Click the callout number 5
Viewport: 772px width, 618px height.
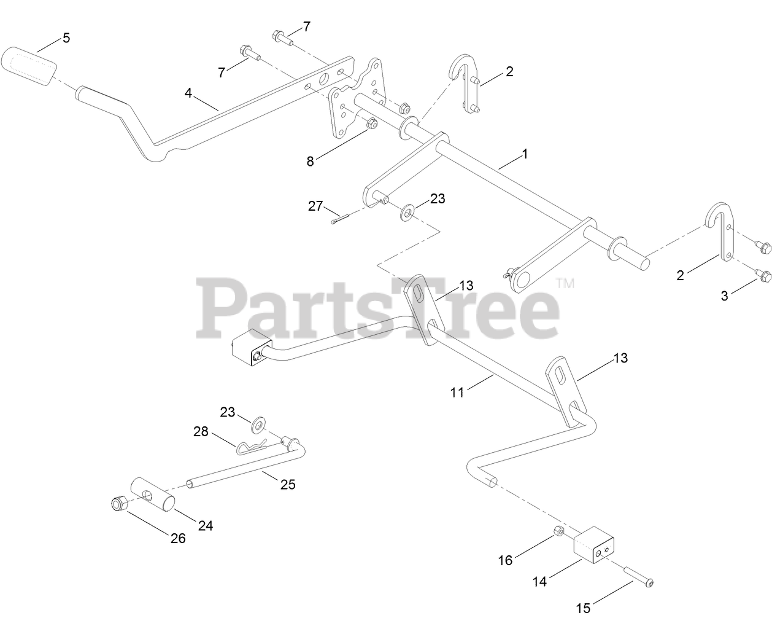[66, 38]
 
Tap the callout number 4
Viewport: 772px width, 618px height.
[189, 93]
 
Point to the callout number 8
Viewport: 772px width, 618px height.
[311, 162]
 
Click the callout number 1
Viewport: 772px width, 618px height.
[525, 154]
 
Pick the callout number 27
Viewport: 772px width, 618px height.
[315, 206]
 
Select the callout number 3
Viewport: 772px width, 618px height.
[725, 296]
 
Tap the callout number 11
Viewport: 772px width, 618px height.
[457, 391]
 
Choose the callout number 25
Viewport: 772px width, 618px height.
[288, 485]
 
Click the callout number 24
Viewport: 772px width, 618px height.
[206, 525]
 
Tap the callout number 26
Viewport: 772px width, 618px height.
[177, 538]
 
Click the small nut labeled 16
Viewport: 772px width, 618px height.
[558, 531]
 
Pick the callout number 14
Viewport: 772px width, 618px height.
[539, 581]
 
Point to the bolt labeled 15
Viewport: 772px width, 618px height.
[640, 578]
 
